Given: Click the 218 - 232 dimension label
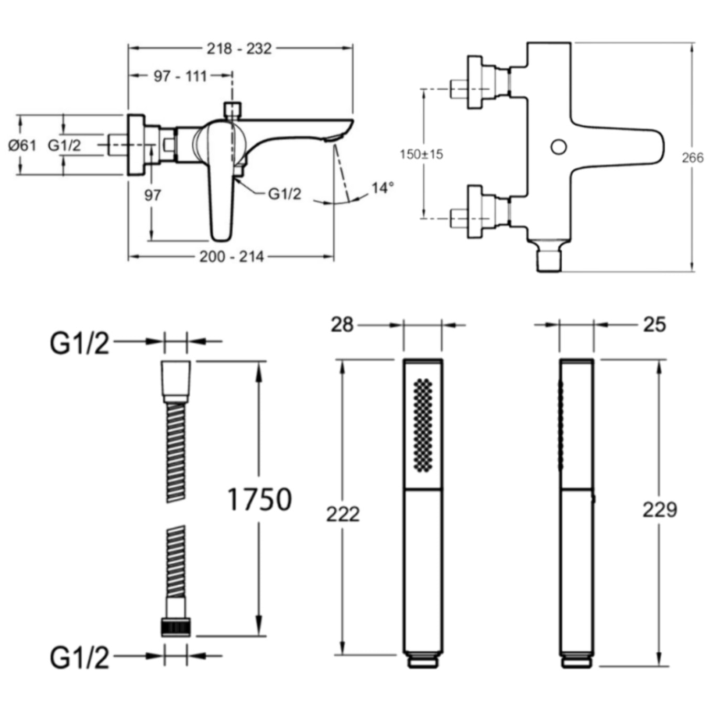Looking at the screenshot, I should coord(239,49).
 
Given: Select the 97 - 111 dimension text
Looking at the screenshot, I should coord(180,76).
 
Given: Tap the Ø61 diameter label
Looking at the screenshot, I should coord(23,145).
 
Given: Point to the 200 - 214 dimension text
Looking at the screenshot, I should coord(231,257).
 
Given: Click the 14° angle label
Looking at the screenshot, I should coord(382,188).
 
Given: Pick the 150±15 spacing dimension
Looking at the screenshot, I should coord(421,154).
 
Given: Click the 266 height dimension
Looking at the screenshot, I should coord(692,157).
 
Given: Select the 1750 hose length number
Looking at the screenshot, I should coord(259,499).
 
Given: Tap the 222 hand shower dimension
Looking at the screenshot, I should coord(343,514).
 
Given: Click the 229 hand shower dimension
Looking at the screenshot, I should coord(660,509).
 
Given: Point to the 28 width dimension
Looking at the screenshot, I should coord(342,325).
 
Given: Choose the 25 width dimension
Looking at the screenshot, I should coord(654,325).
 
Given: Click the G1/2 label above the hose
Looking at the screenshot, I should coord(80,344).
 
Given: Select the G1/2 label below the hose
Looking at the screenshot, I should coord(80,657).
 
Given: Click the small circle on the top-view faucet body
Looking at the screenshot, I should coord(559,147).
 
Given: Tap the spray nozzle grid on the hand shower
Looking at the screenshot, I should coord(423,424).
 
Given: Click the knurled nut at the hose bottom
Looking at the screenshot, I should coord(176,627).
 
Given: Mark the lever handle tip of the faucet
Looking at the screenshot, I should coord(220,233).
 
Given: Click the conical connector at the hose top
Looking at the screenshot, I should coord(176,380).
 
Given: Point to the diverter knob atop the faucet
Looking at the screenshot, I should coord(232,110).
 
